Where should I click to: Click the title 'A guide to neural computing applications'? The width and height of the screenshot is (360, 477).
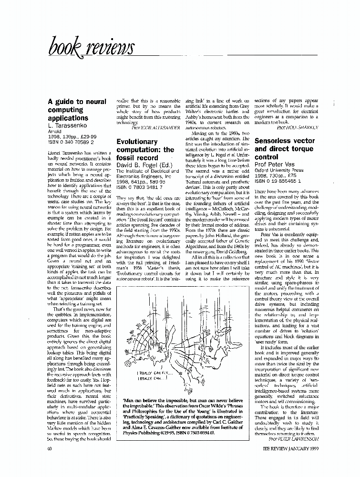[71, 110]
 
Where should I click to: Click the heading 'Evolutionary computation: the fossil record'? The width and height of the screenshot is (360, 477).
[145, 149]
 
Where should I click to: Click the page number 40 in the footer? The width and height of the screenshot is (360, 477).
[50, 449]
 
